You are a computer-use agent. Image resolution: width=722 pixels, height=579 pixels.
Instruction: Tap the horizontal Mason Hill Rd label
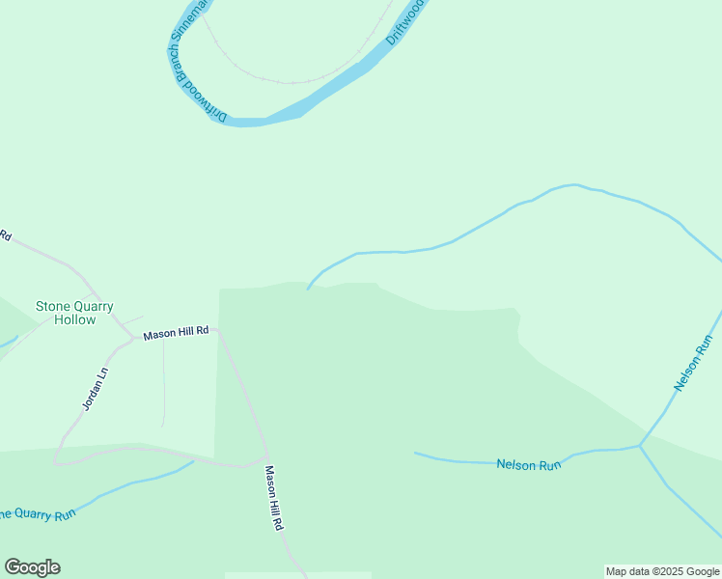tap(176, 333)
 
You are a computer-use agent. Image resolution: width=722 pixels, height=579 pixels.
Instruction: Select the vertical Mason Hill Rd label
tap(273, 498)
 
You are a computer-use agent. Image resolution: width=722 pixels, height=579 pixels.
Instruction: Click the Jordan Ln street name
tap(94, 390)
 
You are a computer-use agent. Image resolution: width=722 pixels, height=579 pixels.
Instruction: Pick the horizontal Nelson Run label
tap(528, 464)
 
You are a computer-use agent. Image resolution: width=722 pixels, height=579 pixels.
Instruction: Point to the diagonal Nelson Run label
tap(693, 363)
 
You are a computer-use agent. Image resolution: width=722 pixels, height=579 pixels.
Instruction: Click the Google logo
tap(32, 567)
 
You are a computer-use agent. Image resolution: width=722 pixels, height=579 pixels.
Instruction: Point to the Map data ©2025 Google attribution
tap(662, 571)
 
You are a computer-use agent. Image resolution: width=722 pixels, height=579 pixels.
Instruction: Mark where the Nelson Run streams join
tap(639, 446)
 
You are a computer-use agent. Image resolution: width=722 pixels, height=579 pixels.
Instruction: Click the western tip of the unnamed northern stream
tap(308, 288)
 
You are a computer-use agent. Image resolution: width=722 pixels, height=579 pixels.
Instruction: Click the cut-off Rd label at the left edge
tap(5, 234)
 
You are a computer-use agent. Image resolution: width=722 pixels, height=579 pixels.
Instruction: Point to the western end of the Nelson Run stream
tap(416, 453)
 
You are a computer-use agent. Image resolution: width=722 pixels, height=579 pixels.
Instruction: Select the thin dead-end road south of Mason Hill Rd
tap(163, 386)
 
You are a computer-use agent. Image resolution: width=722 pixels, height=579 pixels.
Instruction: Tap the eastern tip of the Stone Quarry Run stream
tap(193, 461)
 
